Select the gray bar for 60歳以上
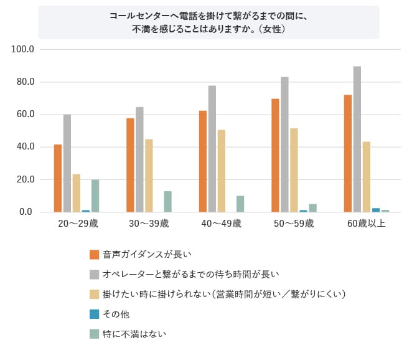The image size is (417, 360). [357, 140]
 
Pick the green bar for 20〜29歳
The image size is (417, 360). [95, 196]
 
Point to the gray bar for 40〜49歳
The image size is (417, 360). [212, 149]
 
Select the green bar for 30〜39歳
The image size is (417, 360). [167, 202]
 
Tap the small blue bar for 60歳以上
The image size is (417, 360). [376, 210]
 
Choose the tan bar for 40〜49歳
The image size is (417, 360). [222, 171]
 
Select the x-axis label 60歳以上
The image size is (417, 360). [366, 224]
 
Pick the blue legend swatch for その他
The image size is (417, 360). [95, 314]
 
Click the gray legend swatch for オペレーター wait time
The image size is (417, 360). [95, 274]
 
